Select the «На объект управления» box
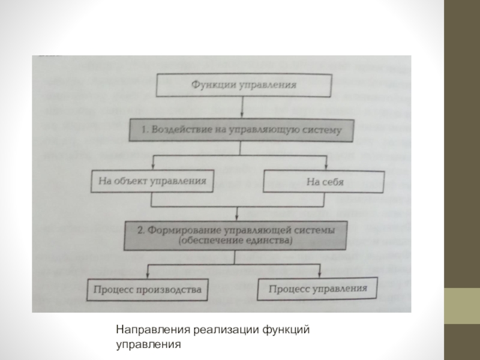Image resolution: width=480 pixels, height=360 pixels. coord(152,181)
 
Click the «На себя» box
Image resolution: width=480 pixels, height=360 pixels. coord(323,182)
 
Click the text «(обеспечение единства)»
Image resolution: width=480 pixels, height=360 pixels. coord(235,241)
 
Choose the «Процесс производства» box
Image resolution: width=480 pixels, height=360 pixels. coord(147,290)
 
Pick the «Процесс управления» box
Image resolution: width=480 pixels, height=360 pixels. coord(317,289)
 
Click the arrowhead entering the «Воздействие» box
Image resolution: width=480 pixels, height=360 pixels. coord(242,115)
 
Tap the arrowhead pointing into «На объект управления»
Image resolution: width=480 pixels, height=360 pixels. coord(153,166)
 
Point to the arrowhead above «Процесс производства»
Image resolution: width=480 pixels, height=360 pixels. coord(148,275)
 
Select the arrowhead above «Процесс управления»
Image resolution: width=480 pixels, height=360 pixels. coord(319,274)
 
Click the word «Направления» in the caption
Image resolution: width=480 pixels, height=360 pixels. coord(153,330)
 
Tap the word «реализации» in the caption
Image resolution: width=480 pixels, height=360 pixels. coord(226,330)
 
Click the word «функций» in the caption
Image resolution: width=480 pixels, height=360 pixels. coord(286,330)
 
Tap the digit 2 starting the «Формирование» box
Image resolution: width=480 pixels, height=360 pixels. coord(140,230)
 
